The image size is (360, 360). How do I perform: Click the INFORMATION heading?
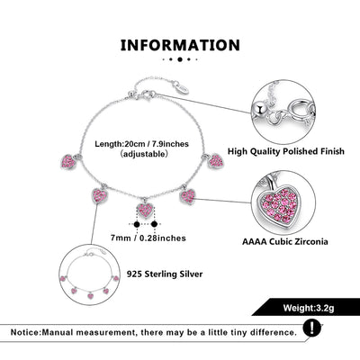[x=180, y=45]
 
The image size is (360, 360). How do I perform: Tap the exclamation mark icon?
[x=311, y=328]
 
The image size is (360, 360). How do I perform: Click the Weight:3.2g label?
[x=309, y=308]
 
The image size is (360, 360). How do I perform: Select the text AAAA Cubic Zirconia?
[x=285, y=241]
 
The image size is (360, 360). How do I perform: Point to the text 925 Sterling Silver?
[x=165, y=274]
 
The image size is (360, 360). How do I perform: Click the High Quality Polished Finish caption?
[x=286, y=151]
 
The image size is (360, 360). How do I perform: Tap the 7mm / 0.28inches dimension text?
[x=148, y=238]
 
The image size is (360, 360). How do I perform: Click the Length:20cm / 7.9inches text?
[x=141, y=144]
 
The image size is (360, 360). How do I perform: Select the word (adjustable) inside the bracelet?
[x=142, y=154]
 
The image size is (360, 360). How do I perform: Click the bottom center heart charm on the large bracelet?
[x=146, y=209]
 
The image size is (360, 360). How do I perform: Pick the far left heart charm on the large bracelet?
[x=68, y=162]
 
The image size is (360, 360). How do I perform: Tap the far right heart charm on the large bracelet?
[x=216, y=161]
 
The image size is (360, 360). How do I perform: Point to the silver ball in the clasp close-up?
[x=260, y=109]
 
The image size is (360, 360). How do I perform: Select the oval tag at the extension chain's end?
[x=182, y=87]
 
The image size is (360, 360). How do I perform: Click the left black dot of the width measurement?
[x=137, y=224]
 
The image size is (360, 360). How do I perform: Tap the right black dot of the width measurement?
[x=154, y=224]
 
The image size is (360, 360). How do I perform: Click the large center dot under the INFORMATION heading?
[x=180, y=59]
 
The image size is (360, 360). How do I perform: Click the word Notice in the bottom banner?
[x=25, y=332]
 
